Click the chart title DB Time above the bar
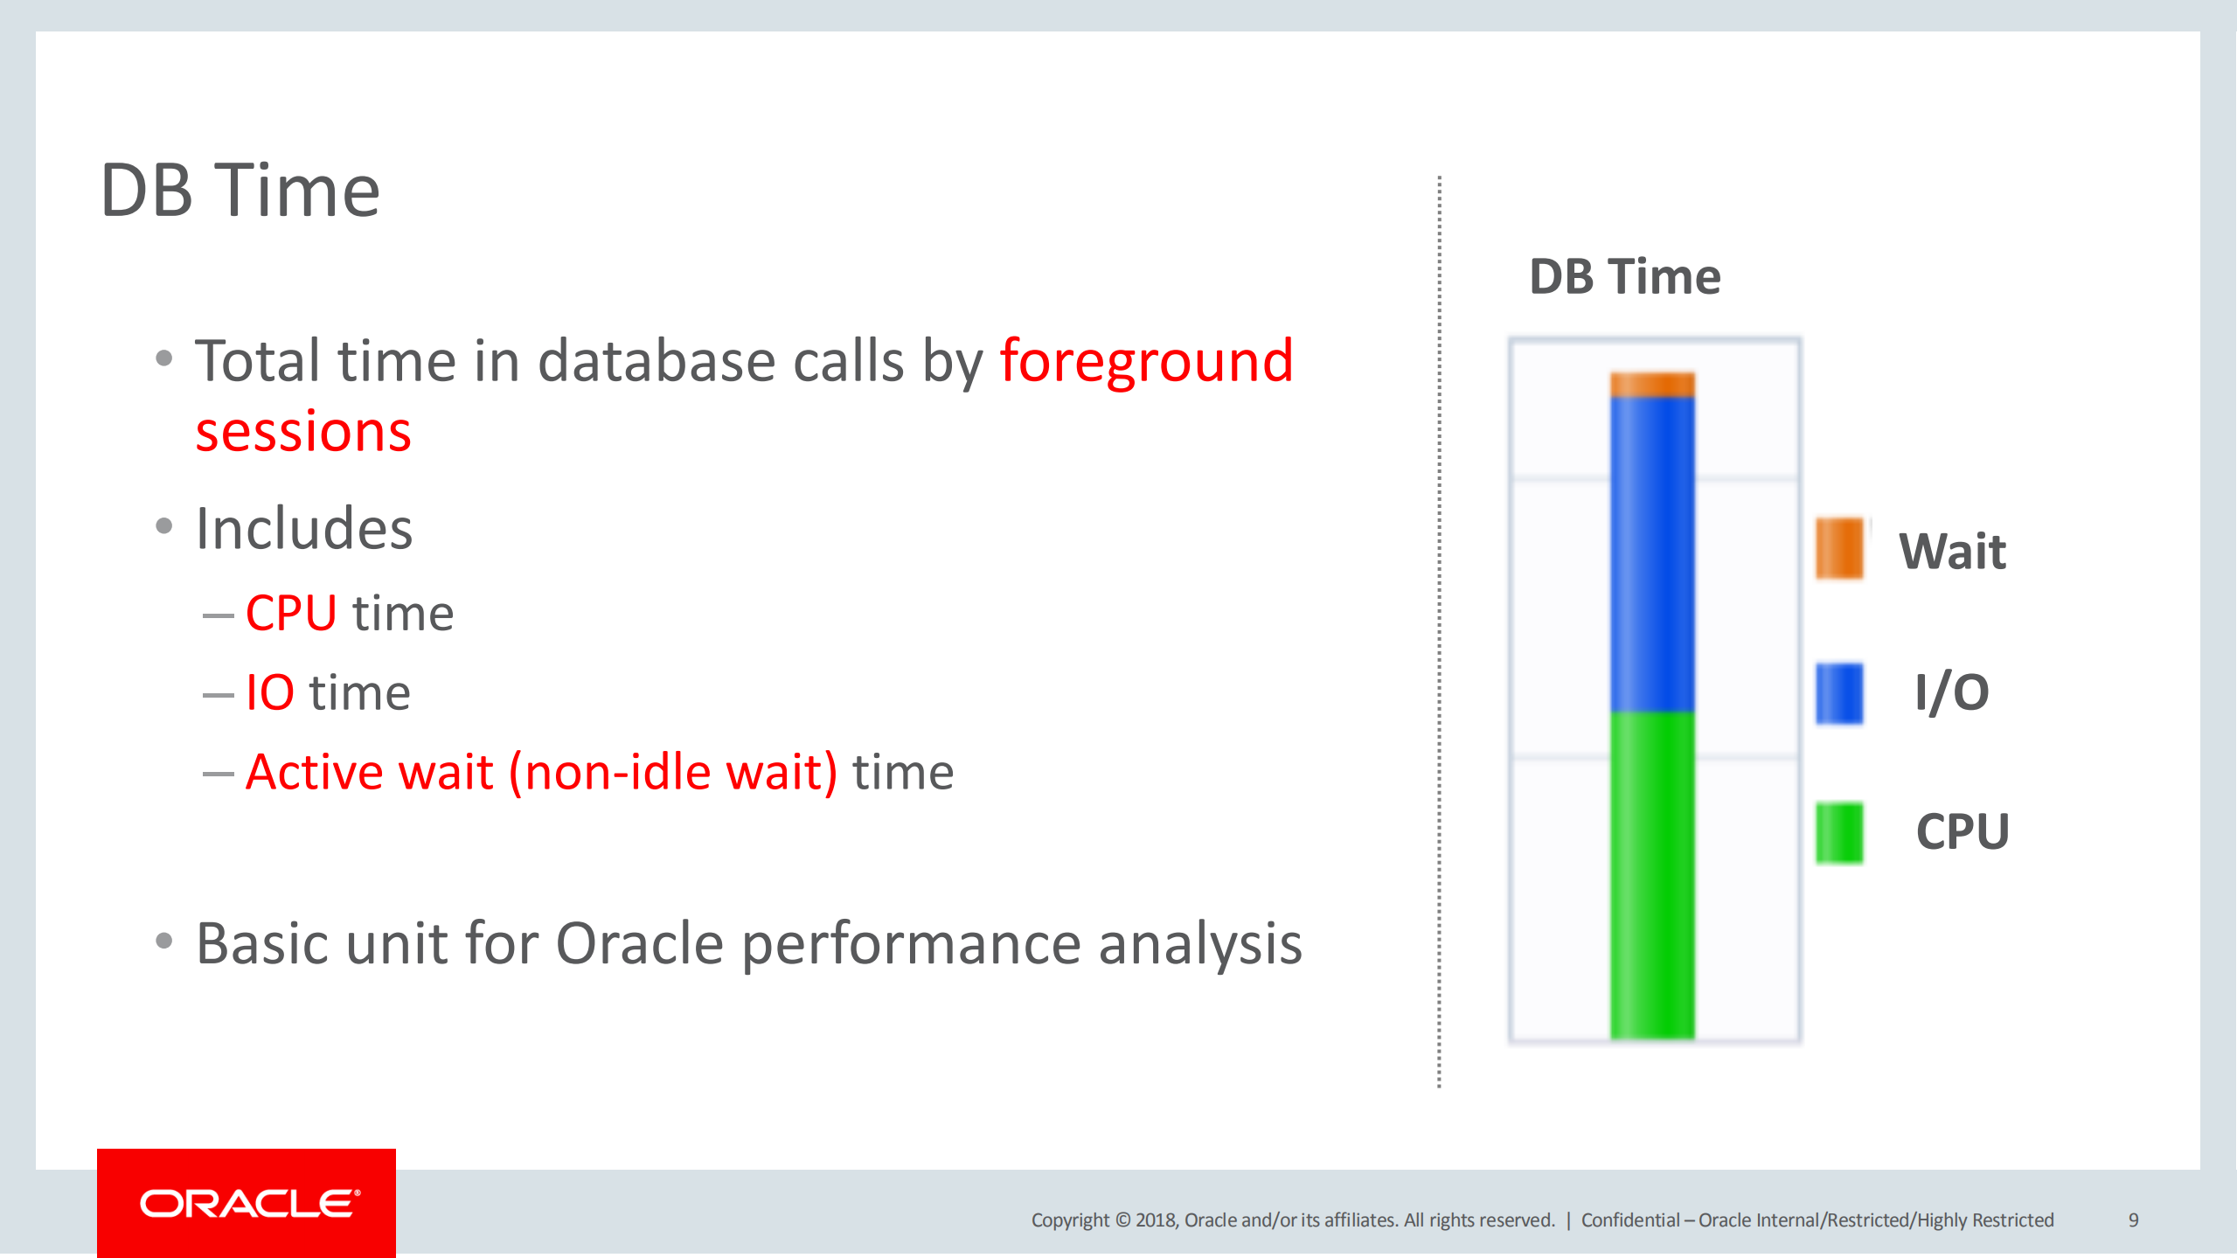(x=1624, y=277)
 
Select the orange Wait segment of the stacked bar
(x=1652, y=385)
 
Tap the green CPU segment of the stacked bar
(x=1652, y=874)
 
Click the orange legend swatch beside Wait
(x=1839, y=548)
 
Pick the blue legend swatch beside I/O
(x=1839, y=693)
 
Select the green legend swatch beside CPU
(x=1839, y=832)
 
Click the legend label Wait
(x=1952, y=552)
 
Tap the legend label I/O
(x=1951, y=693)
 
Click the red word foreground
(x=1146, y=362)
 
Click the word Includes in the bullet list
(x=304, y=529)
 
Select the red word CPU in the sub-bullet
(x=291, y=613)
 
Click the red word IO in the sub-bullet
(x=269, y=692)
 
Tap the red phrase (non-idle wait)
(x=673, y=772)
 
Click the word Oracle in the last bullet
(x=640, y=944)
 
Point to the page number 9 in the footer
(x=2133, y=1220)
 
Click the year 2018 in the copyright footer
(x=1156, y=1220)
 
